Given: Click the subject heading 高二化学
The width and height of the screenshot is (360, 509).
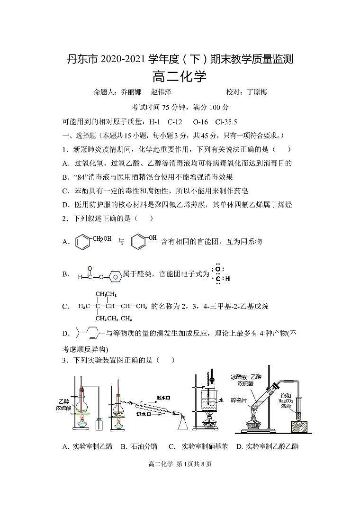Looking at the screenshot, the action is click(x=180, y=76).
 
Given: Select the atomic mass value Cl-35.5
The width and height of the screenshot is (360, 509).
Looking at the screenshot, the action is click(x=226, y=122).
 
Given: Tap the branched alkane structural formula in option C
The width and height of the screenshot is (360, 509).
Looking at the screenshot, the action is click(x=113, y=306).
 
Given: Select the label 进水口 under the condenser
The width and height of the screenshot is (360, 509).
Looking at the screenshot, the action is click(x=143, y=414).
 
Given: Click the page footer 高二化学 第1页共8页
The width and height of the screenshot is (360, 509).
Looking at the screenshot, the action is click(x=180, y=464).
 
